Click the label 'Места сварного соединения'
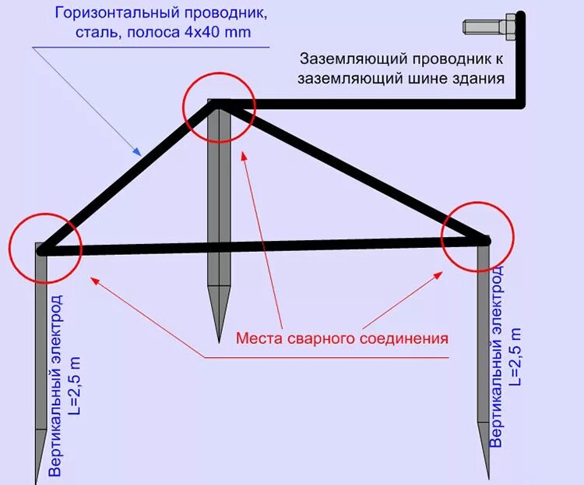click(x=343, y=338)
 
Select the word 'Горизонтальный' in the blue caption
click(x=114, y=14)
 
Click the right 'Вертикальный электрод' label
click(x=496, y=355)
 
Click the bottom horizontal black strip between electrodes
click(x=257, y=247)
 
